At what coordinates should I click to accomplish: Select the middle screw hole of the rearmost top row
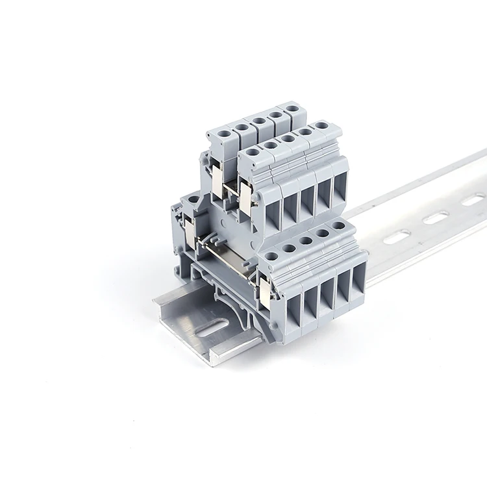(x=258, y=119)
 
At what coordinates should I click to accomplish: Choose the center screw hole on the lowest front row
(x=305, y=240)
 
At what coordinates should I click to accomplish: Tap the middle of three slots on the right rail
(x=436, y=218)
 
